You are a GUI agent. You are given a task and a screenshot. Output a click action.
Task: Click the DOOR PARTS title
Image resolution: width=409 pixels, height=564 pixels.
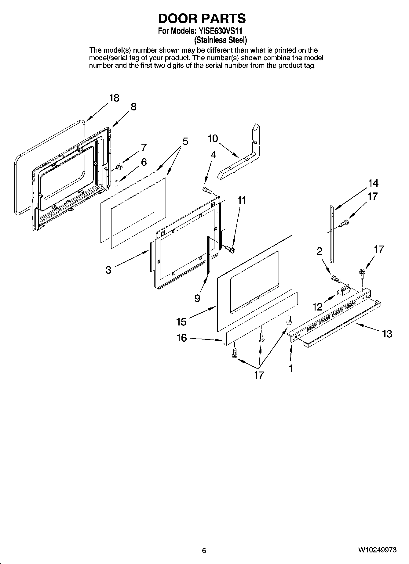[202, 19]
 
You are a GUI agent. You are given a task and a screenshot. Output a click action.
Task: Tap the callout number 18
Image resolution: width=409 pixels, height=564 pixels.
[114, 98]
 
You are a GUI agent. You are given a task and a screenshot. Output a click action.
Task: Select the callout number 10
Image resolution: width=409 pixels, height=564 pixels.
[213, 138]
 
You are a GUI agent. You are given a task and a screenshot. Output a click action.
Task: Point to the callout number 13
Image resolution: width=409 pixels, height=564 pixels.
[387, 334]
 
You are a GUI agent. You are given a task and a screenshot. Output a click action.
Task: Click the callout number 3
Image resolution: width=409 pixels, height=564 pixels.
[108, 270]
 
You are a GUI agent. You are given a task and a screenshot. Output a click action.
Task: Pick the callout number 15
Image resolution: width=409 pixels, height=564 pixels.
[181, 322]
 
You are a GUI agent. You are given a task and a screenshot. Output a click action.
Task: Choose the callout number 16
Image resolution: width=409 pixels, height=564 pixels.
[181, 338]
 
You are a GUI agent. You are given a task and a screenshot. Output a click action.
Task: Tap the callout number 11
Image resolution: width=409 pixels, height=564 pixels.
[241, 200]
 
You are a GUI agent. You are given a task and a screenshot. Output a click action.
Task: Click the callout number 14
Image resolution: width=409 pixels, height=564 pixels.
[373, 183]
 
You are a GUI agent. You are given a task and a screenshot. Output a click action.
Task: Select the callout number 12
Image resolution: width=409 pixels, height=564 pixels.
[318, 307]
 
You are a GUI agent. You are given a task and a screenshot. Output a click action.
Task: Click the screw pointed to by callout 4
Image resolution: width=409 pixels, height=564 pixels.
[207, 190]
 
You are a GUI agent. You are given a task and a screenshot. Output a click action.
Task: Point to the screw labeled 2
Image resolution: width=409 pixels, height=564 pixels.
[336, 278]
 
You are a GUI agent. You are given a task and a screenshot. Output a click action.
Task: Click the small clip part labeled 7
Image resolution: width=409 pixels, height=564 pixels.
[119, 166]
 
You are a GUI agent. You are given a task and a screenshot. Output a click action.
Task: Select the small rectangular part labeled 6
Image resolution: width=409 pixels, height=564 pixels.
[116, 183]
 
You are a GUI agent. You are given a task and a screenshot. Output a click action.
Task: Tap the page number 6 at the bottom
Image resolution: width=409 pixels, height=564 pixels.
[204, 550]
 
